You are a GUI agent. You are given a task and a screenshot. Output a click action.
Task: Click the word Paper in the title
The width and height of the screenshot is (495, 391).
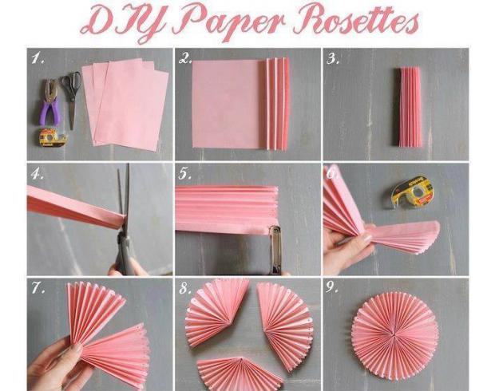pos(228,20)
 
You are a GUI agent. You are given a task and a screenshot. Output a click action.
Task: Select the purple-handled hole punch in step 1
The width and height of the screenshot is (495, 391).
pos(50,102)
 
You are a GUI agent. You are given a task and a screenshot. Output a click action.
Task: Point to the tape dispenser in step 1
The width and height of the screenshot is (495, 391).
pos(53,137)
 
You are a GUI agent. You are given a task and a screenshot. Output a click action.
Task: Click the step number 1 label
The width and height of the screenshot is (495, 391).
pos(38,58)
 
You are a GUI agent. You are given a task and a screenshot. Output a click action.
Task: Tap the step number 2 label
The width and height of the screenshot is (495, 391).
pos(185,58)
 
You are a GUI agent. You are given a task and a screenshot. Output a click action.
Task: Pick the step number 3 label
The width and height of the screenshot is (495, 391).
pos(333,59)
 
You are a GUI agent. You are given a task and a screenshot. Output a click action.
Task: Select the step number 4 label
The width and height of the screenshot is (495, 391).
pos(38,174)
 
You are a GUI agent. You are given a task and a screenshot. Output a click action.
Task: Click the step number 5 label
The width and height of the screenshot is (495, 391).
pos(184,174)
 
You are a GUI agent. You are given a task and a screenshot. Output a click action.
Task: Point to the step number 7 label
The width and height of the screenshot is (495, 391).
pos(38,287)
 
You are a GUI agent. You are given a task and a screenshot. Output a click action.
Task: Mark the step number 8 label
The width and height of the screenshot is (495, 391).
pos(185,288)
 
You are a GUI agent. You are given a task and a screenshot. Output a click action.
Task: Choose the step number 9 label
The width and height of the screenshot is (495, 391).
pos(332,287)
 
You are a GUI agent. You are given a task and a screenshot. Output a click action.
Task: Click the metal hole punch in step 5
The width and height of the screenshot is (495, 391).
pos(275,249)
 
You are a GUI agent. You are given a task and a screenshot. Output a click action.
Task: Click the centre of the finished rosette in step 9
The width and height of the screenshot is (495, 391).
pos(394,334)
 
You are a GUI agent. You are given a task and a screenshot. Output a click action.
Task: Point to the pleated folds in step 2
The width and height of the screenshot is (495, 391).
pos(275,104)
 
